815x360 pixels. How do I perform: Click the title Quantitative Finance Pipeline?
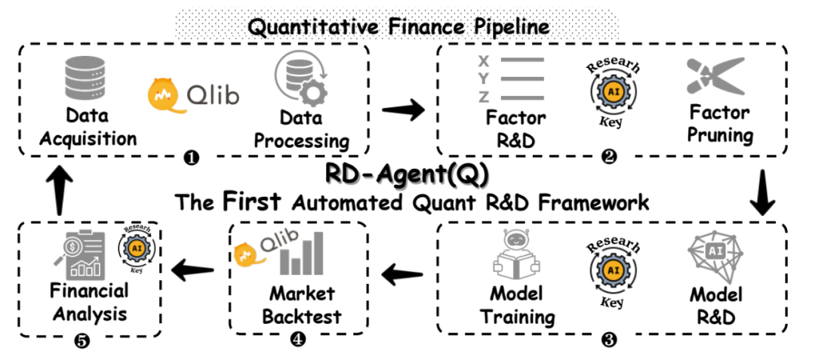pyautogui.click(x=399, y=27)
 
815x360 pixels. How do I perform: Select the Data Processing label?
pyautogui.click(x=302, y=130)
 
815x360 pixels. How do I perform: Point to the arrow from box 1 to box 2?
pyautogui.click(x=402, y=111)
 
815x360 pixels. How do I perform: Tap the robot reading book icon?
pyautogui.click(x=518, y=259)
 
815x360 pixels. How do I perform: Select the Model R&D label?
pyautogui.click(x=716, y=305)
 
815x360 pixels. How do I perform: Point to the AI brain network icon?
pyautogui.click(x=715, y=257)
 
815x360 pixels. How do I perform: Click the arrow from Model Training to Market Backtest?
pyautogui.click(x=401, y=276)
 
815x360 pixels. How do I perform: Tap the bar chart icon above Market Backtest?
pyautogui.click(x=303, y=254)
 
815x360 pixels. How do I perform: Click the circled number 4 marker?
pyautogui.click(x=299, y=339)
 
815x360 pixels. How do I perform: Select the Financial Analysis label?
pyautogui.click(x=88, y=301)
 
